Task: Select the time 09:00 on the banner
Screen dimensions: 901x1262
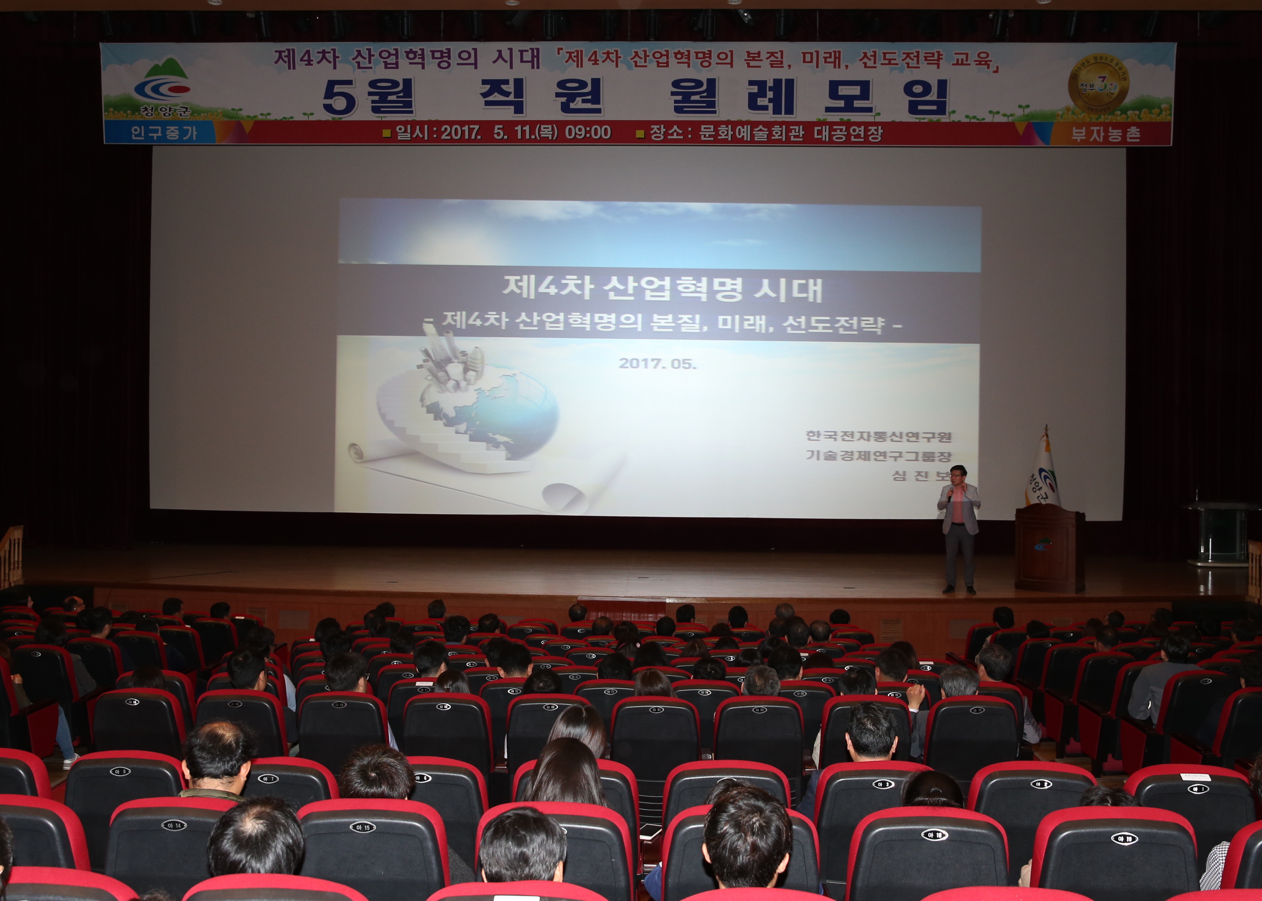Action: coord(588,133)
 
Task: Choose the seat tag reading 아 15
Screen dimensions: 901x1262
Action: coord(362,828)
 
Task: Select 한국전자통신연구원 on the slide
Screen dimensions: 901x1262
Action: coord(878,436)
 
